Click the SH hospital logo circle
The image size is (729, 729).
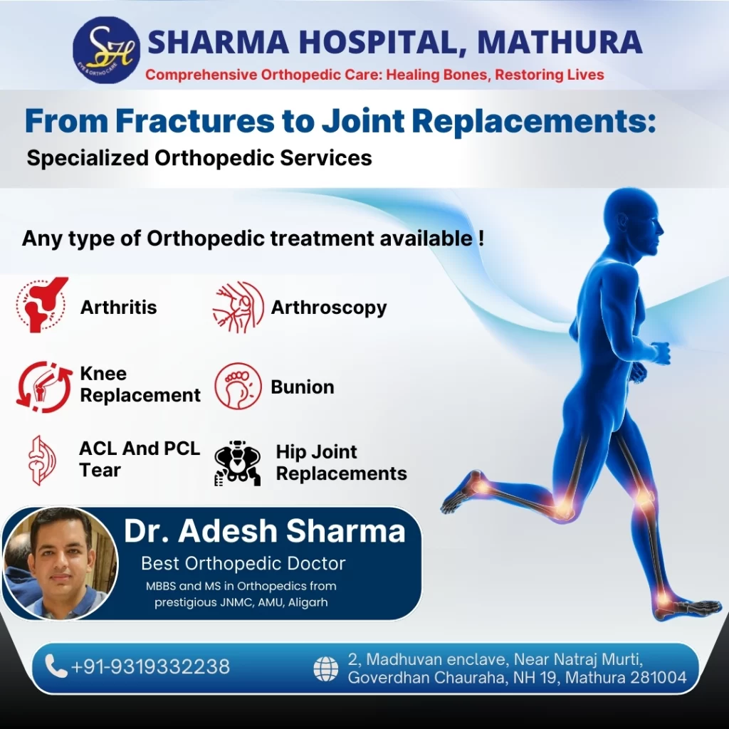pyautogui.click(x=107, y=51)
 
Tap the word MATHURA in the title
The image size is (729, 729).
pyautogui.click(x=560, y=42)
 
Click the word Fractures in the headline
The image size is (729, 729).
pyautogui.click(x=195, y=120)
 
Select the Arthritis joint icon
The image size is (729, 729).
pyautogui.click(x=42, y=305)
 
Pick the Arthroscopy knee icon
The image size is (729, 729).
pyautogui.click(x=238, y=307)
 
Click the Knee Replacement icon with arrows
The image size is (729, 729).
pyautogui.click(x=44, y=387)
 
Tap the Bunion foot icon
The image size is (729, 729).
pyautogui.click(x=238, y=386)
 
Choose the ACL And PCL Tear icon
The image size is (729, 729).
pyautogui.click(x=41, y=461)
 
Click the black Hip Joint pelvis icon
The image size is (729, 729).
pyautogui.click(x=238, y=463)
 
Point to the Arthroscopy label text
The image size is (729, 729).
pyautogui.click(x=329, y=308)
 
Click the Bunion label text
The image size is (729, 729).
pyautogui.click(x=302, y=387)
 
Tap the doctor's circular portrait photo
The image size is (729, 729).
pyautogui.click(x=61, y=564)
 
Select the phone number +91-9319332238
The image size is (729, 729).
pyautogui.click(x=150, y=666)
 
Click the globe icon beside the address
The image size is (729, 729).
pyautogui.click(x=326, y=669)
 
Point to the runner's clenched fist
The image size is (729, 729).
pyautogui.click(x=660, y=353)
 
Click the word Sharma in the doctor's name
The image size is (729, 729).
pyautogui.click(x=345, y=530)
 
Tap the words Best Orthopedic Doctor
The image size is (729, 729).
pyautogui.click(x=243, y=564)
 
